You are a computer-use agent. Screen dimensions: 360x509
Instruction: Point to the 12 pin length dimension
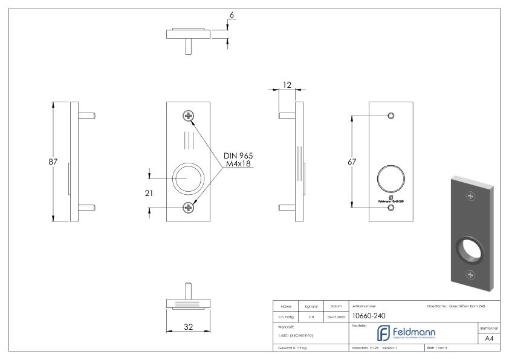coord(287,85)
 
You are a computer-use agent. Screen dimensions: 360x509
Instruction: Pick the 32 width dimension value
coord(187,327)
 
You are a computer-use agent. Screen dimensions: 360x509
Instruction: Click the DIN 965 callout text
coord(238,155)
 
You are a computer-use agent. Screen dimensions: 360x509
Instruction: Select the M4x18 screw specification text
coord(238,163)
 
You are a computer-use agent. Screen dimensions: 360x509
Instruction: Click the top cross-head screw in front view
coord(189,116)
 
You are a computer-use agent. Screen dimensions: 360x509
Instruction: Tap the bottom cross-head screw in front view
coord(189,208)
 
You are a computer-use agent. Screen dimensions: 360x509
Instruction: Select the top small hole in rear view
coord(391,116)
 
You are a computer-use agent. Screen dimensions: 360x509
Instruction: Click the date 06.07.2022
coord(335,315)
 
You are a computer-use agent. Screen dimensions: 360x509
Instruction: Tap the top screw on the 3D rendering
coord(470,195)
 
